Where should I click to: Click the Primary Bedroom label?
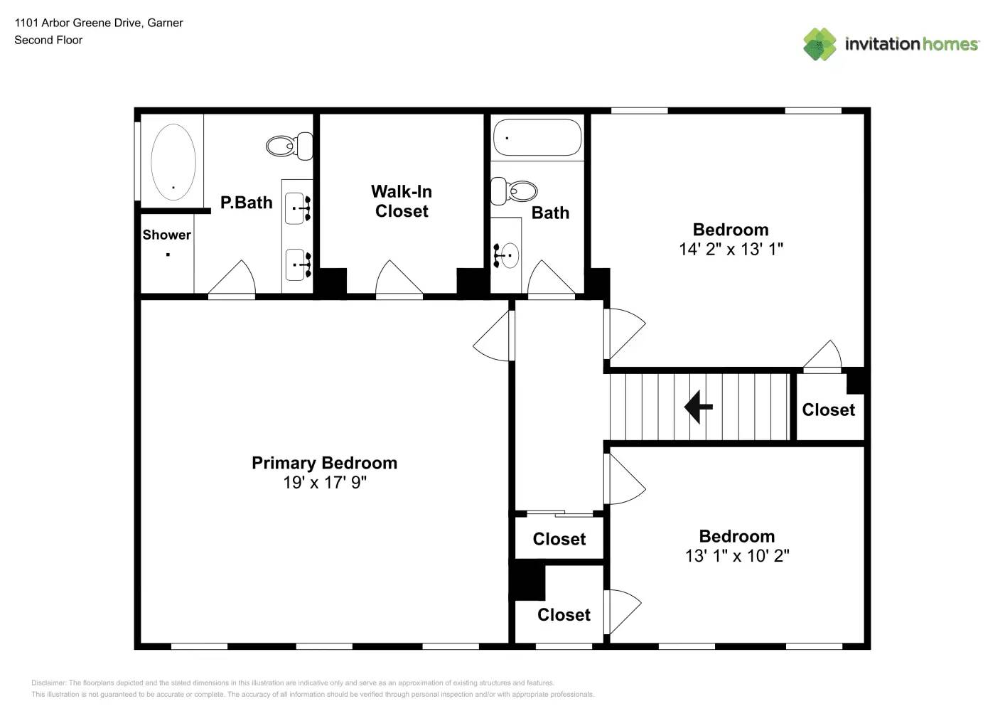[x=324, y=463]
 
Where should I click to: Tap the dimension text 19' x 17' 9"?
[x=324, y=483]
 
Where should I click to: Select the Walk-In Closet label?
[x=402, y=201]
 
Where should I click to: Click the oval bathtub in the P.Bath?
[x=173, y=162]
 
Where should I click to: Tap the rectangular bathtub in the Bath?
[x=537, y=137]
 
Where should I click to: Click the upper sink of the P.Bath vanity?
[x=297, y=208]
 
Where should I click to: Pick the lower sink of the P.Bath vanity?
[x=297, y=264]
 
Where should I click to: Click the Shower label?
[x=166, y=235]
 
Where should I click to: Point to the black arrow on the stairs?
[x=698, y=407]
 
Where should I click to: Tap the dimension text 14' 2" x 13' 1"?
[x=731, y=250]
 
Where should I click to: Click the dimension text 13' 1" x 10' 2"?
[x=737, y=556]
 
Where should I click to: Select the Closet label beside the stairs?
[x=828, y=410]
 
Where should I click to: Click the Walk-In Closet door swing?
[x=399, y=279]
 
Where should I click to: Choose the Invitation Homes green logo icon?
[x=819, y=44]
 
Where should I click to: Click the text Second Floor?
[x=48, y=41]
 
